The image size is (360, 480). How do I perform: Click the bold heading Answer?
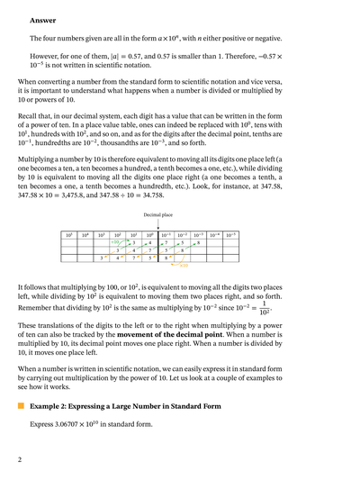coord(42,20)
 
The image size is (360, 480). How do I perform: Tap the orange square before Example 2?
coord(20,408)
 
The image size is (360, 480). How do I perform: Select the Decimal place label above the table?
coord(158,215)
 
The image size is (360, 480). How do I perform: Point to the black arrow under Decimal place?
coord(158,225)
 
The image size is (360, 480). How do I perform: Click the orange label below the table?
coord(183,266)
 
